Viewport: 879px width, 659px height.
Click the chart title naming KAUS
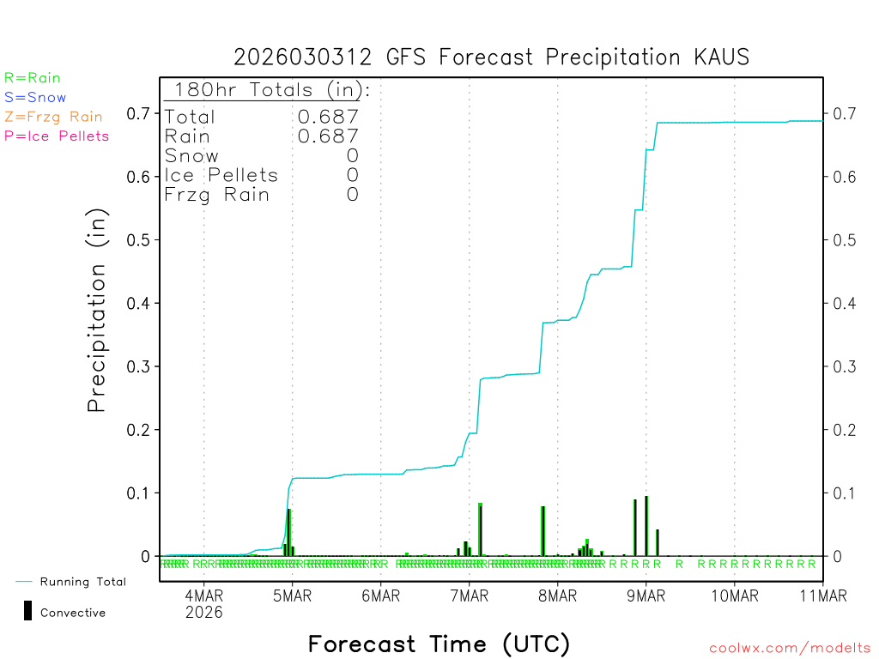(491, 57)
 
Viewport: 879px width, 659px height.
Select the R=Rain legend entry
(33, 78)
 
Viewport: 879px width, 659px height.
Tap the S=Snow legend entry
(35, 98)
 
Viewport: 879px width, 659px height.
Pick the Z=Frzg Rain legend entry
(53, 117)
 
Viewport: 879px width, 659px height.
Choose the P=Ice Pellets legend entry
(57, 136)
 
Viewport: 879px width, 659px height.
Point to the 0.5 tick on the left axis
(139, 239)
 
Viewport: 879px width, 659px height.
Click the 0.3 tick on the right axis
(844, 366)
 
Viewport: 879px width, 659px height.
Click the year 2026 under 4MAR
(203, 613)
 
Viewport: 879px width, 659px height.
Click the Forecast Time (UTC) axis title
(439, 644)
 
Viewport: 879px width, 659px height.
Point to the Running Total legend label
(82, 582)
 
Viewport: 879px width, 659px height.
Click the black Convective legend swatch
(28, 610)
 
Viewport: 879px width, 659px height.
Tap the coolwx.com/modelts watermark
(790, 649)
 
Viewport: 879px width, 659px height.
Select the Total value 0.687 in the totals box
(328, 117)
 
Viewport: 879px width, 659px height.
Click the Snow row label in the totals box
(191, 155)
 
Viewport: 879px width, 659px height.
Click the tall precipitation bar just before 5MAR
(289, 533)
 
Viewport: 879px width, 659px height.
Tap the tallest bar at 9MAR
(646, 526)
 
